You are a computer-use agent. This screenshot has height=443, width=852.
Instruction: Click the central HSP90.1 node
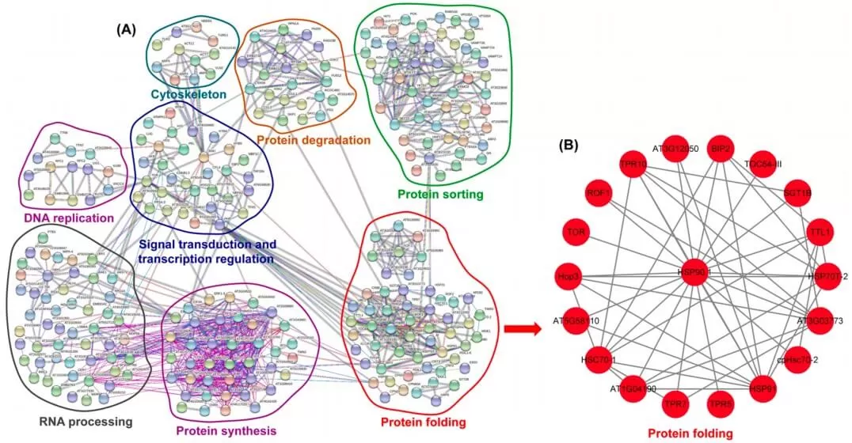694,271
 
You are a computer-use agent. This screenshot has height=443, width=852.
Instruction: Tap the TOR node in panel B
576,233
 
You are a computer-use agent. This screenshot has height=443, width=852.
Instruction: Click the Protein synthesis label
226,430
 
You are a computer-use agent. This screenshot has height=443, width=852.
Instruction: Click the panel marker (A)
127,29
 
